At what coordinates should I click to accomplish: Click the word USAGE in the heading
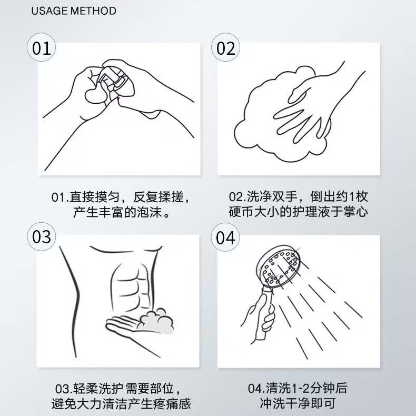tap(49, 11)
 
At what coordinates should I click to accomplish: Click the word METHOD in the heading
tap(93, 11)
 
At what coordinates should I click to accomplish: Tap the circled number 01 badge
tap(42, 47)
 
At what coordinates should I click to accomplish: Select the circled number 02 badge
tap(225, 47)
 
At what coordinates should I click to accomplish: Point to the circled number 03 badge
tap(42, 236)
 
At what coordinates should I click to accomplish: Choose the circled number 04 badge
tap(225, 236)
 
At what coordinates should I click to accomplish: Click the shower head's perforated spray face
tap(281, 266)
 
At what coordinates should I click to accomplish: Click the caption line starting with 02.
tap(299, 196)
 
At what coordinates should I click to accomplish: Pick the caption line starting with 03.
tap(118, 389)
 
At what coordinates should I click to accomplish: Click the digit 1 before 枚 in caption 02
tap(352, 197)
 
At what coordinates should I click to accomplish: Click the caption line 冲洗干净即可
tap(298, 403)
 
